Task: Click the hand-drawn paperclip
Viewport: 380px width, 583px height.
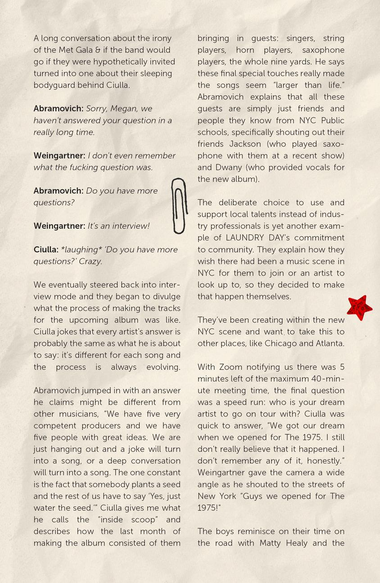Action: [179, 205]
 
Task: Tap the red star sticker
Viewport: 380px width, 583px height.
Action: [359, 308]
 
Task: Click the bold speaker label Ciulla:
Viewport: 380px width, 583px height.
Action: [46, 250]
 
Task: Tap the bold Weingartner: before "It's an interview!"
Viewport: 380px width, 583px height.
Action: [59, 226]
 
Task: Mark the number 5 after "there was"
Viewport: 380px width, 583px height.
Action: [342, 367]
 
